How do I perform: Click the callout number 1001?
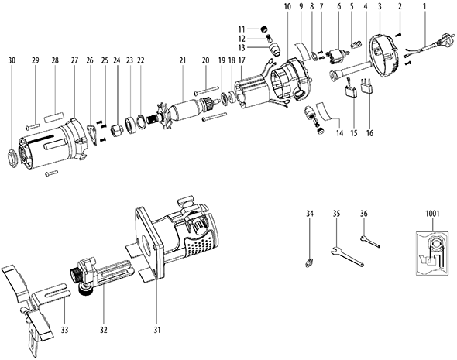432,214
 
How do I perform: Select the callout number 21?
183,61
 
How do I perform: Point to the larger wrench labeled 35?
348,256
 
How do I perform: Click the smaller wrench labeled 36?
370,242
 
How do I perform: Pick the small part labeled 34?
310,262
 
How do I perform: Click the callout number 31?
157,330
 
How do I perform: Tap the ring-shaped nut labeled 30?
12,157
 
